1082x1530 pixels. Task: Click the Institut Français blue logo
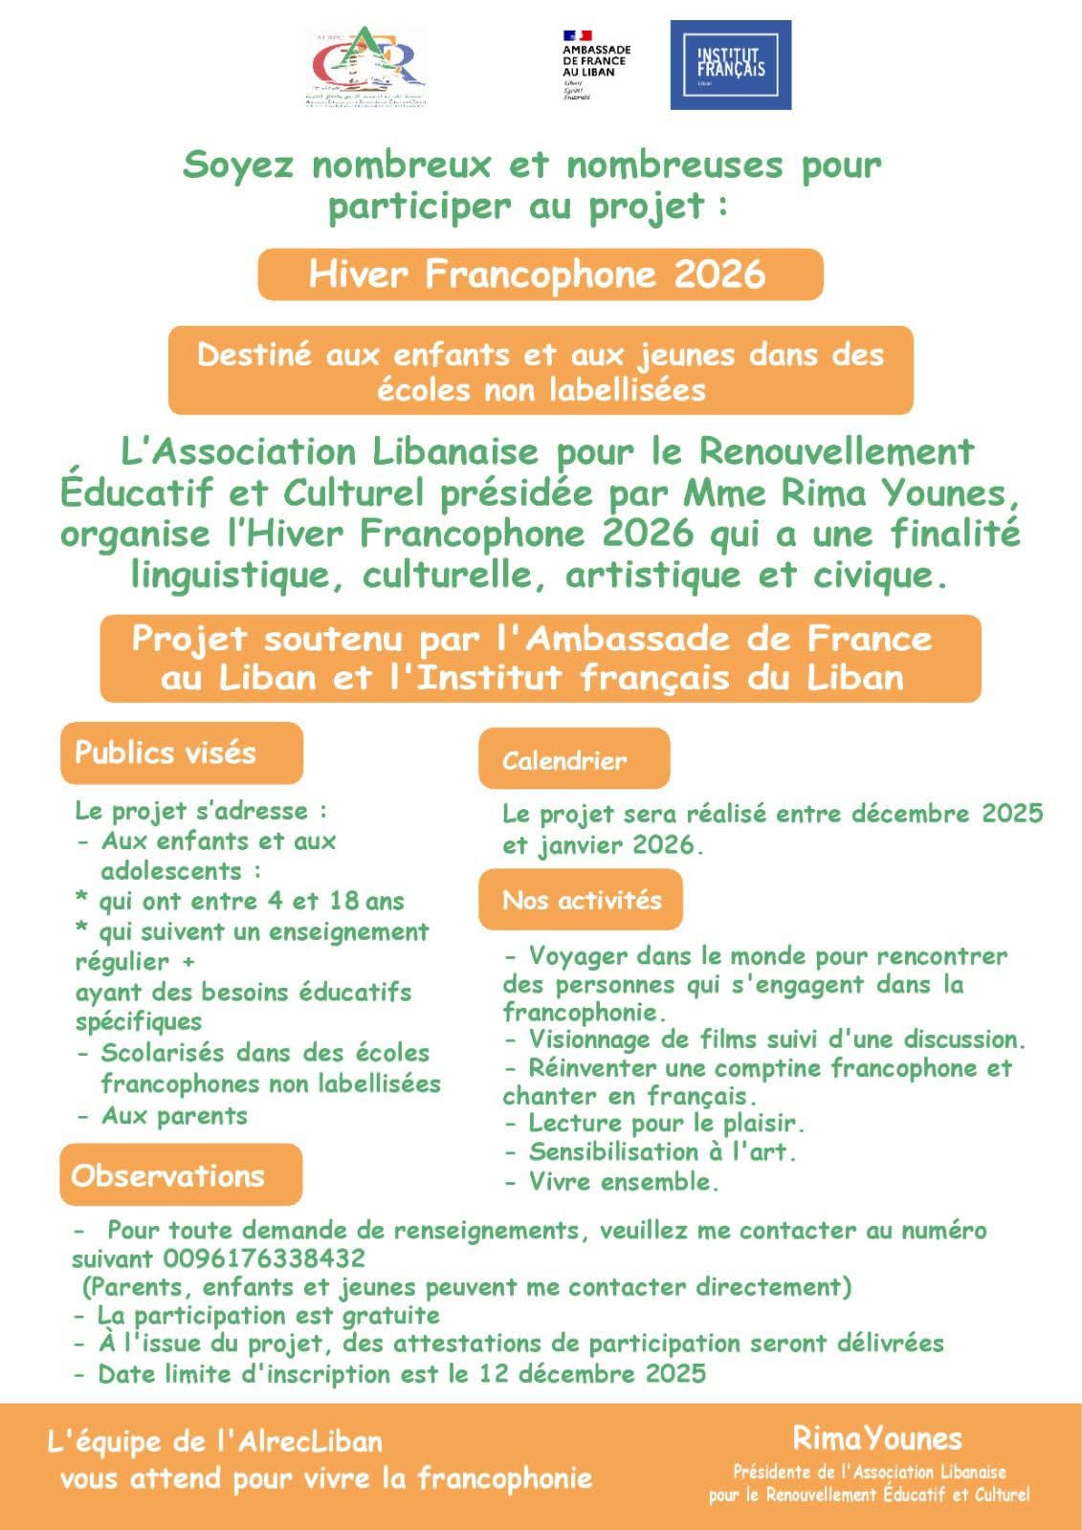click(730, 65)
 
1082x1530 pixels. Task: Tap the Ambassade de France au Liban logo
click(595, 65)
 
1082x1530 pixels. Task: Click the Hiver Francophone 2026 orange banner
click(540, 274)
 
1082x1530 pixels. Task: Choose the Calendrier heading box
click(573, 760)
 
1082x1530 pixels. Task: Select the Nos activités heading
click(581, 900)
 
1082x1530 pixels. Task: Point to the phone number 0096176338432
click(264, 1257)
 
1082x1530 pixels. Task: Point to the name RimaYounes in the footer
click(876, 1437)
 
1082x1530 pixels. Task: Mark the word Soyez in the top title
click(237, 164)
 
